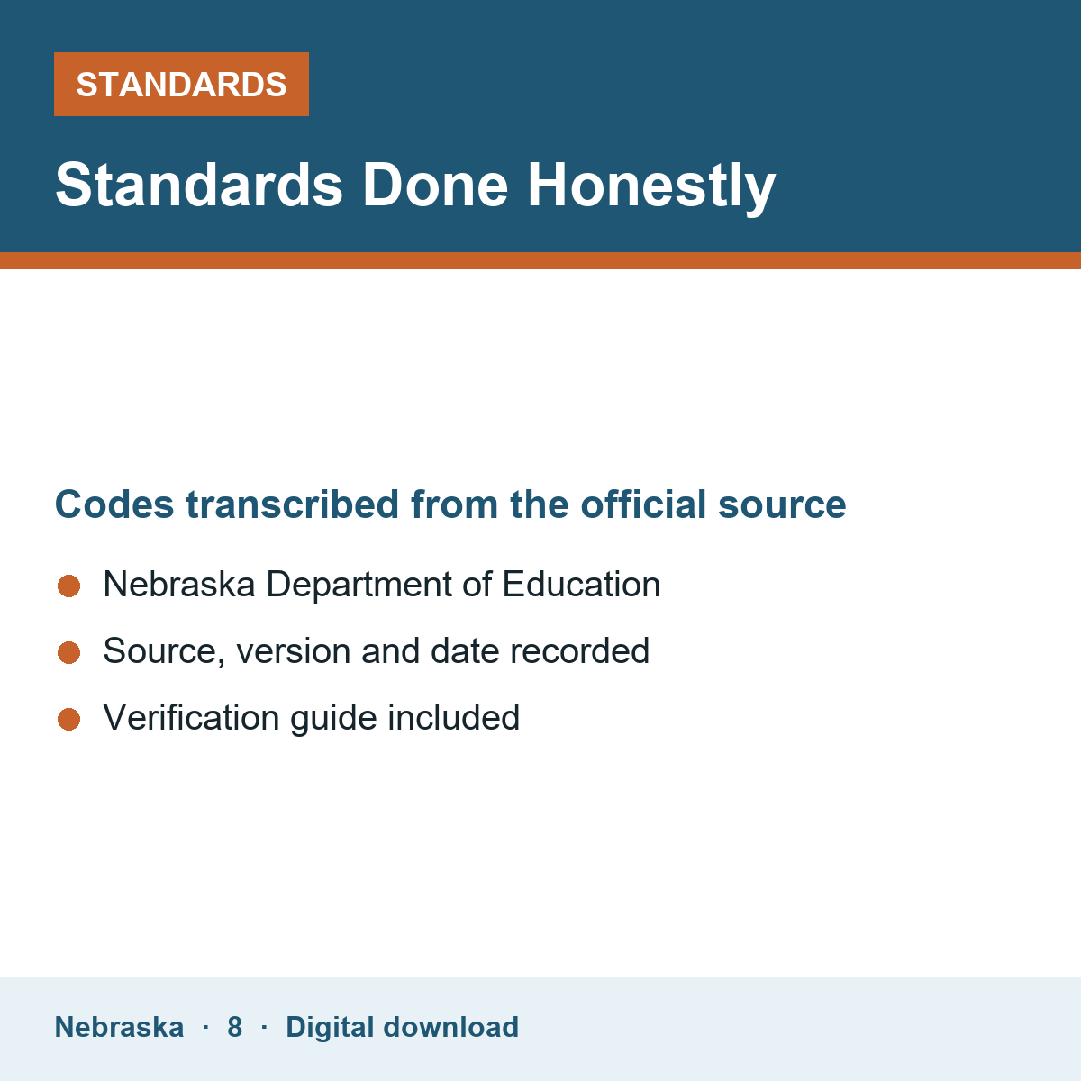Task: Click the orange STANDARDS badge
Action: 181,84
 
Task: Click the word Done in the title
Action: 435,186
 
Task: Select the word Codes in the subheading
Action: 114,504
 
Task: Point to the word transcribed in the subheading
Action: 292,504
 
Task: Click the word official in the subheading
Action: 643,504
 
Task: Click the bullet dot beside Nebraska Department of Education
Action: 69,586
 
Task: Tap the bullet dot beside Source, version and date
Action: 69,653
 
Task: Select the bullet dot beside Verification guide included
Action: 69,720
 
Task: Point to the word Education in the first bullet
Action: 581,585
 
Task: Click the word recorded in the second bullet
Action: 579,650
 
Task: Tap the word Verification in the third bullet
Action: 191,717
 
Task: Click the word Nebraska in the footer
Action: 119,1027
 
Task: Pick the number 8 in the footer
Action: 234,1028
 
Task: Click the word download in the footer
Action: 451,1027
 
